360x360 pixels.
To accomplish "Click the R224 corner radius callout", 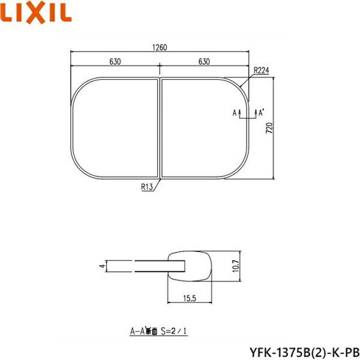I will pyautogui.click(x=261, y=71).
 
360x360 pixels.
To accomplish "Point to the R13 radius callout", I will pyautogui.click(x=148, y=187).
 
